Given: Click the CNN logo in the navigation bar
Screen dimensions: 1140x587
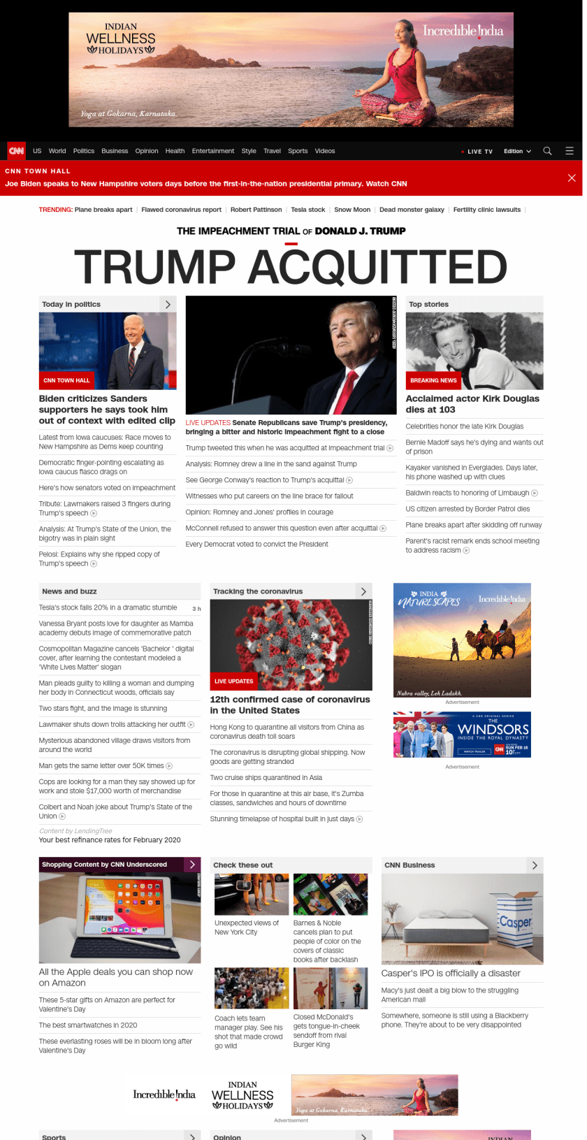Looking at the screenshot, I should [16, 151].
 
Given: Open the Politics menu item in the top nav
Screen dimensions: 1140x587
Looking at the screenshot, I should [84, 151].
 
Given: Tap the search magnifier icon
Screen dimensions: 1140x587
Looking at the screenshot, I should [547, 151].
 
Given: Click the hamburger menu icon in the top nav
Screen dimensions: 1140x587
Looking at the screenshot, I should [570, 151].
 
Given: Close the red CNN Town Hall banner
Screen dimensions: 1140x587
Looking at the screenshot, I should [572, 178].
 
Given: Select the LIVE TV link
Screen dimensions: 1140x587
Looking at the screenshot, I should [479, 152].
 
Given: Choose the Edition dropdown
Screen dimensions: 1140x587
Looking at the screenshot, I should [517, 151].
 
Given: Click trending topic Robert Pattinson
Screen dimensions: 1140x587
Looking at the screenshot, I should [256, 210].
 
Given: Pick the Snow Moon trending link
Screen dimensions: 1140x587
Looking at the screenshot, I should [352, 210].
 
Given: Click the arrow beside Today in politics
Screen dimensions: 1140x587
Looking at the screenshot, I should [168, 304].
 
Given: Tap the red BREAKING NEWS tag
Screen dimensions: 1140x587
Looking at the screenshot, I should [433, 380].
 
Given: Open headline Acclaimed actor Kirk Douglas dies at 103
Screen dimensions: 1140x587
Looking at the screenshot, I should [472, 404].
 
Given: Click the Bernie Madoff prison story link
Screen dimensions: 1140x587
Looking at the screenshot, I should [474, 447].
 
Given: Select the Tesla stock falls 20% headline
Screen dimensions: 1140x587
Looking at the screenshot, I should [108, 607].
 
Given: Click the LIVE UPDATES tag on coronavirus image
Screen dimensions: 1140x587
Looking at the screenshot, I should [233, 681].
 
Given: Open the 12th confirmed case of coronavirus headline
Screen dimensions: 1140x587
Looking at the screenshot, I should [290, 705].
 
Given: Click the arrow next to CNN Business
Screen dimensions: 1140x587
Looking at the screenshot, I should [535, 865].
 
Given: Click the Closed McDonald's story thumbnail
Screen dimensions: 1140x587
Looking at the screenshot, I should [330, 988].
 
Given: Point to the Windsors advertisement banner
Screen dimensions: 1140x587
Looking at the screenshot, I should [462, 735].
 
